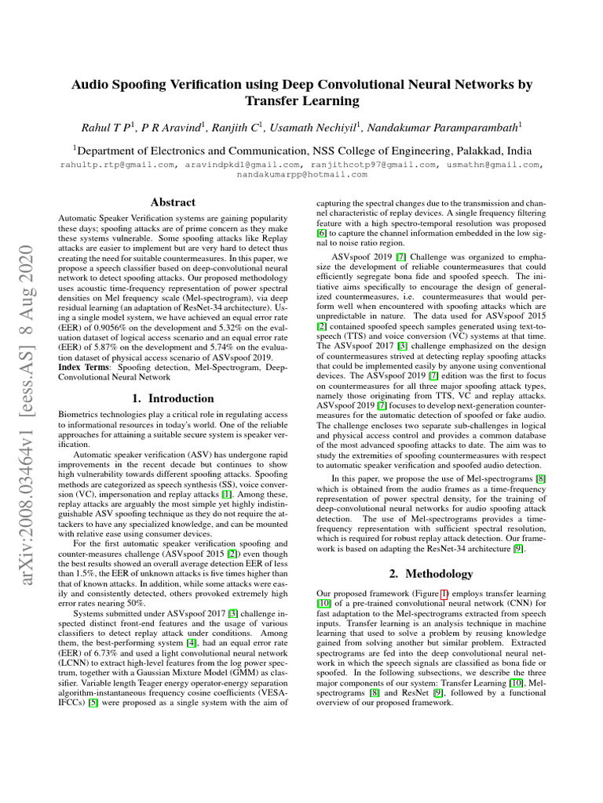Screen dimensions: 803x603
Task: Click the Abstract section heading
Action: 172,202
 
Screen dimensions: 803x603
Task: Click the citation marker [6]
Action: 322,234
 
